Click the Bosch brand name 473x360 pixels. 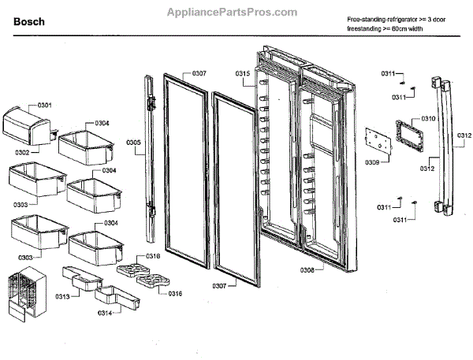click(29, 22)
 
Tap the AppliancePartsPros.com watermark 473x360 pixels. click(233, 13)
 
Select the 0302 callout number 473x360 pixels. click(22, 152)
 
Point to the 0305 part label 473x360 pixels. click(133, 142)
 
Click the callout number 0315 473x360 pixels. click(242, 73)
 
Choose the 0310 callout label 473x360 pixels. click(428, 118)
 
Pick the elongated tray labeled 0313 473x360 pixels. click(84, 281)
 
